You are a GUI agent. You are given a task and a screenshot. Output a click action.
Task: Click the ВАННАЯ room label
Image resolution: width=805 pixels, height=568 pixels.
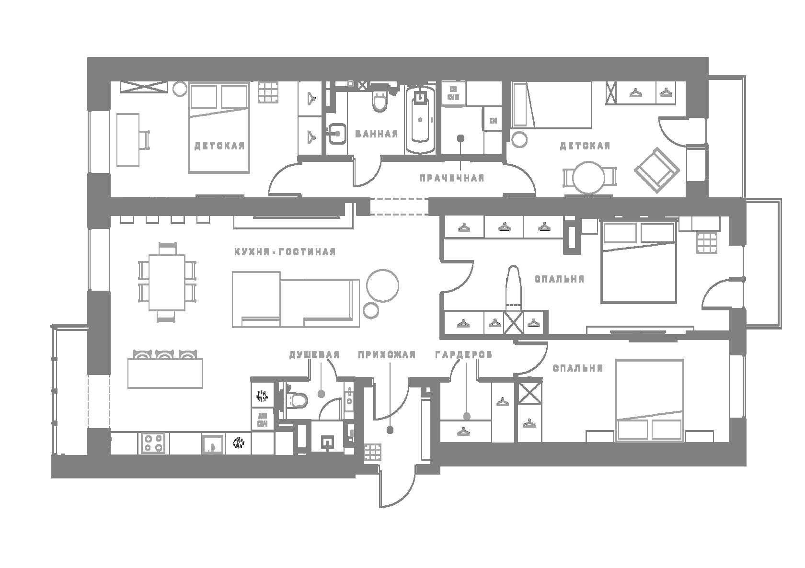(x=377, y=134)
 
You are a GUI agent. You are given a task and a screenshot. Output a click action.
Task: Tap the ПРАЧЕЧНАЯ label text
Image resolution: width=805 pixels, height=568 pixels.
(x=452, y=178)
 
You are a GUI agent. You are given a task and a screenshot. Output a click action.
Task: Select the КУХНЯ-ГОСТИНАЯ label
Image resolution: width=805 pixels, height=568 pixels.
(x=285, y=252)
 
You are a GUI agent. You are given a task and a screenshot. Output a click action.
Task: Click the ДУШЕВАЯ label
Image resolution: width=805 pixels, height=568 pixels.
(x=314, y=355)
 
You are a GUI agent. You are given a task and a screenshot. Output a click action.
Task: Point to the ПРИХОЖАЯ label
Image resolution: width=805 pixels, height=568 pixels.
(x=387, y=355)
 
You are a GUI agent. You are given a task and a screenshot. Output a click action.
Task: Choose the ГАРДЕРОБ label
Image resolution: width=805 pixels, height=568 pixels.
(x=463, y=355)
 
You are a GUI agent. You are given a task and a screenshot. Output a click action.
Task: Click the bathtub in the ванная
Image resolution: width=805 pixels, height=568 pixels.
(x=420, y=120)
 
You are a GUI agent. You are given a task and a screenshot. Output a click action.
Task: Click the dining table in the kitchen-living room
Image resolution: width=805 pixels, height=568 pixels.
(x=167, y=283)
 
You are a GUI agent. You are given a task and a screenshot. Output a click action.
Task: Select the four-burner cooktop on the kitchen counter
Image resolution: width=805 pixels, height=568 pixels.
(x=153, y=443)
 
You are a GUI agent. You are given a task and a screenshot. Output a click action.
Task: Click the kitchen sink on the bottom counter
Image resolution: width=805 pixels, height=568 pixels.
(x=212, y=443)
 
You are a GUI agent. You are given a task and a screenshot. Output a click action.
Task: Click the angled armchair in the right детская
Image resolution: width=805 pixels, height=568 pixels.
(x=656, y=168)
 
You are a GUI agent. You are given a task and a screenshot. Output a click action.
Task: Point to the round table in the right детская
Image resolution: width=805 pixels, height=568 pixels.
(x=589, y=178)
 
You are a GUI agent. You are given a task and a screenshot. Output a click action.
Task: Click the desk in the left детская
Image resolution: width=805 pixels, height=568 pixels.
(x=128, y=139)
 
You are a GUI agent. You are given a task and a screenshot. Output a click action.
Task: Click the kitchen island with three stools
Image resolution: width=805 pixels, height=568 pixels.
(x=165, y=373)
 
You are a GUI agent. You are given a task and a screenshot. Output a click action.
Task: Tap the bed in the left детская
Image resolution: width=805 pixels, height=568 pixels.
(x=218, y=128)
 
